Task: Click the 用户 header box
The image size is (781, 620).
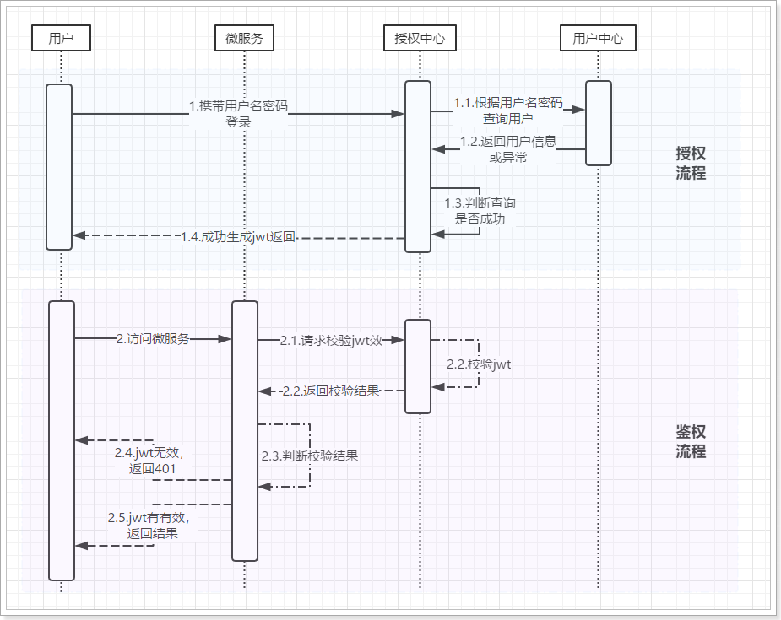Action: pyautogui.click(x=60, y=38)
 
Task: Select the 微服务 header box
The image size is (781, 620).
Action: pyautogui.click(x=244, y=38)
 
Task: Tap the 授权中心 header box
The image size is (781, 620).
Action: pyautogui.click(x=420, y=38)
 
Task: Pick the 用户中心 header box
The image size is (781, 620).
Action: pyautogui.click(x=598, y=38)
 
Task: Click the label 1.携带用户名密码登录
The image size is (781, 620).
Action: pyautogui.click(x=238, y=114)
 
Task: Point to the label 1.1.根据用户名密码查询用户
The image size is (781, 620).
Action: pyautogui.click(x=507, y=111)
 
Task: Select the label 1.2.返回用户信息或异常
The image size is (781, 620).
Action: pyautogui.click(x=508, y=149)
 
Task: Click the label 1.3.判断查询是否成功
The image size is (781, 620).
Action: pyautogui.click(x=480, y=211)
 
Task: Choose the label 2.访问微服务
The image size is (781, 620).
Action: pyautogui.click(x=153, y=338)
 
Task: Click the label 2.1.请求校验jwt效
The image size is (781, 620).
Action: pyautogui.click(x=332, y=340)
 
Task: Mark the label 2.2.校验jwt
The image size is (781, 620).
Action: pyautogui.click(x=480, y=364)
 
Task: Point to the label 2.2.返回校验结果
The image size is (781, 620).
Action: pyautogui.click(x=331, y=391)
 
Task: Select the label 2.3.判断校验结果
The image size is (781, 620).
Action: pyautogui.click(x=310, y=456)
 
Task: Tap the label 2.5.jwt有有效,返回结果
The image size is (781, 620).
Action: pyautogui.click(x=153, y=526)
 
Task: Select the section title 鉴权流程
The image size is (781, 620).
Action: pyautogui.click(x=691, y=441)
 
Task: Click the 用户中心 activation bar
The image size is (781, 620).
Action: pyautogui.click(x=598, y=123)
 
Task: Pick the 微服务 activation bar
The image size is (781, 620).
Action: pyautogui.click(x=245, y=430)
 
